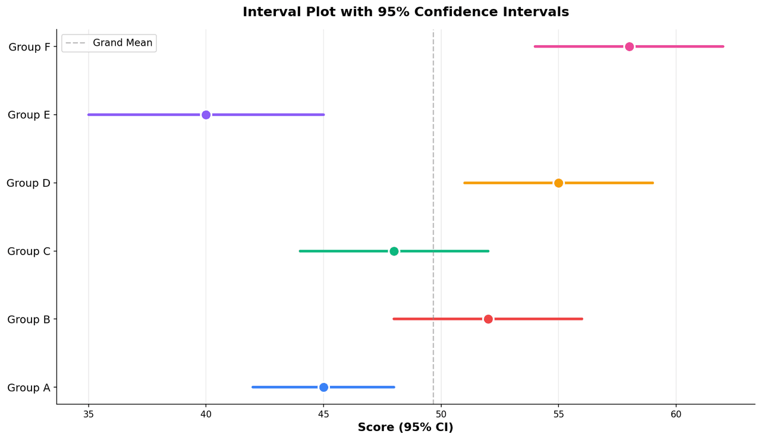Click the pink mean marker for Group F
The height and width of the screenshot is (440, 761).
coord(629,46)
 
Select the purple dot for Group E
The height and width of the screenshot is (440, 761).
coord(206,115)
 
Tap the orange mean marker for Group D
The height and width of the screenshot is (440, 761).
coord(558,183)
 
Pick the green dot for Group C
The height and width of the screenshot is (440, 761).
coord(394,251)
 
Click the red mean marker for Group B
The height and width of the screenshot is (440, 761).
coord(488,319)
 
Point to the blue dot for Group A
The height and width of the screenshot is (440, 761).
coord(323,387)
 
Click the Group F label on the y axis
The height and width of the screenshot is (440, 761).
coord(29,47)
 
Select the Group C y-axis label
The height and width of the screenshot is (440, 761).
coord(29,252)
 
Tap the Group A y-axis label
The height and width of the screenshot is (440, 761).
coord(29,388)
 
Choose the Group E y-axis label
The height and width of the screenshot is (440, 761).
coord(29,115)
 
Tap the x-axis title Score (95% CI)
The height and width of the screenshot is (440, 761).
coord(405,428)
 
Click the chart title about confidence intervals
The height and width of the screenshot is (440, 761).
coord(405,12)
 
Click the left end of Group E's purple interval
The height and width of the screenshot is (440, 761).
coord(89,115)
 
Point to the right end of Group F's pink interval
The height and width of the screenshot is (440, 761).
coord(723,46)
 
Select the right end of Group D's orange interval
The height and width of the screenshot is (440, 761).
coord(653,183)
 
